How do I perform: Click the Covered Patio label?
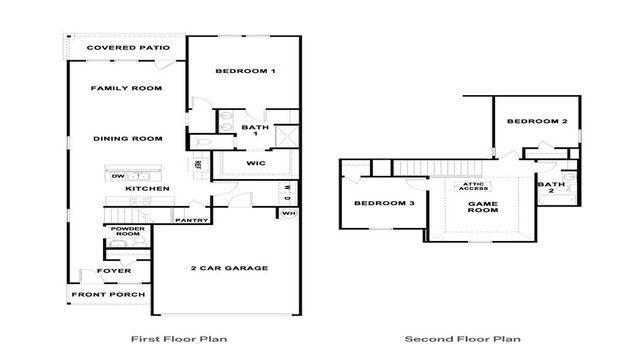(127, 48)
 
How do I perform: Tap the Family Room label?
(127, 89)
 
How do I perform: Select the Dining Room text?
(127, 139)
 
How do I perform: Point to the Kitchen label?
(147, 188)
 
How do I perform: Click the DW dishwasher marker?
(117, 176)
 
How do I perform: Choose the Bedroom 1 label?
(246, 72)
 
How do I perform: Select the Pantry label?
(190, 220)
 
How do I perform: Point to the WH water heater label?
(288, 213)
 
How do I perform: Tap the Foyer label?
(112, 271)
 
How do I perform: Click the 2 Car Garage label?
(229, 268)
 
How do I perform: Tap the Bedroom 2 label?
(537, 122)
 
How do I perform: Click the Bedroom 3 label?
(385, 204)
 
